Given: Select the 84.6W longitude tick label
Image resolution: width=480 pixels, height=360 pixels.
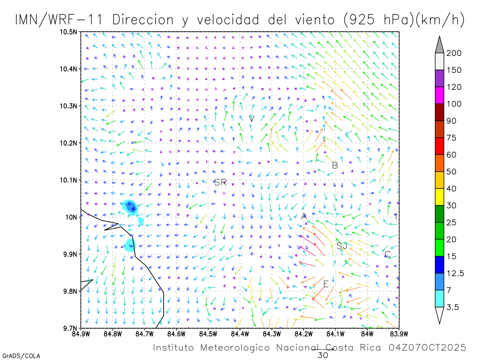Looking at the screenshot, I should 176,333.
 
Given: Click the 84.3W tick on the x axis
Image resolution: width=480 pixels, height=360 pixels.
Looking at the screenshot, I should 272,333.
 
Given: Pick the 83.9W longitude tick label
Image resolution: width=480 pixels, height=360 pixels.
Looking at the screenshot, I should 399,333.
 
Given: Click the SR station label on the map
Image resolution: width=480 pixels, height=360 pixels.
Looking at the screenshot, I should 220,183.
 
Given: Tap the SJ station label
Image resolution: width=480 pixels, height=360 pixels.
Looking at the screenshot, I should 342,246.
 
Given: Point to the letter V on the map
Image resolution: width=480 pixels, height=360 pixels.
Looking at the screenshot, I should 252,118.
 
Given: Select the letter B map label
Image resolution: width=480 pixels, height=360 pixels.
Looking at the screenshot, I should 335,165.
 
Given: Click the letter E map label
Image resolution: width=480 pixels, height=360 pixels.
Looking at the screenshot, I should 326,284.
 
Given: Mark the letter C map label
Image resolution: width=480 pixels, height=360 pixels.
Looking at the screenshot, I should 387,254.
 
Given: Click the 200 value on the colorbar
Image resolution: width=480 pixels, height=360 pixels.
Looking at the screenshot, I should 454,53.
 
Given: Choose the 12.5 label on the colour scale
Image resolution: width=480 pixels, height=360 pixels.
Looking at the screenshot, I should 456,273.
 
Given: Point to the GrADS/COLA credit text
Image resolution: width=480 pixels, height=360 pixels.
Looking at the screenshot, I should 21,356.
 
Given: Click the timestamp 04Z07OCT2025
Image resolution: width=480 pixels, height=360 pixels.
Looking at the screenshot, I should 427,348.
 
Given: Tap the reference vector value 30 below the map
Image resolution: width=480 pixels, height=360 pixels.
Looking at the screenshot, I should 322,355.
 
